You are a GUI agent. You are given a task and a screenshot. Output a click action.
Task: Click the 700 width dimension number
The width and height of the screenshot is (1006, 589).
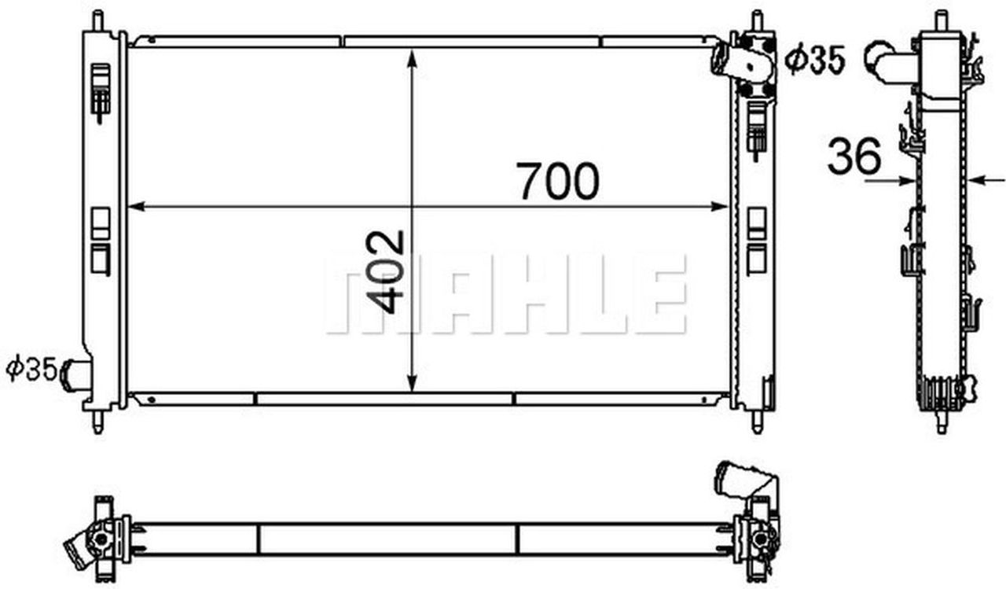coord(557,181)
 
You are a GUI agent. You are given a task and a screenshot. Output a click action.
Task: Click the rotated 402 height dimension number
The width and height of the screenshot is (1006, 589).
coord(387,271)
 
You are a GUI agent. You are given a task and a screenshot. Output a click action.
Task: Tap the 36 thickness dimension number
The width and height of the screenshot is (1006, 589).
coord(854,156)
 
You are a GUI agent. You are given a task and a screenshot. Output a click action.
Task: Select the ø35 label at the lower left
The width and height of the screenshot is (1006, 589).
coord(31,368)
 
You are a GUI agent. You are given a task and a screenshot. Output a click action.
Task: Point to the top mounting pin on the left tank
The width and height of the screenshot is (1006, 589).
coord(97,20)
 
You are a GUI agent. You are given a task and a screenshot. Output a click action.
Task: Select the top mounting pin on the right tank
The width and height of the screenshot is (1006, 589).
coord(757,20)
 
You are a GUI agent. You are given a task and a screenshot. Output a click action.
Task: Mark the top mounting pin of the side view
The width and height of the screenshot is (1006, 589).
coord(942,20)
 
